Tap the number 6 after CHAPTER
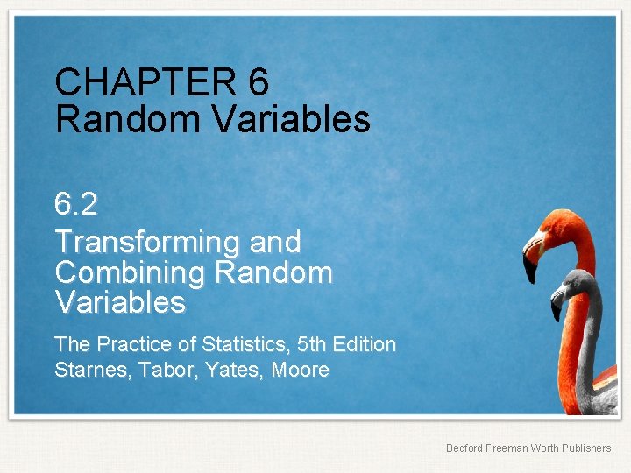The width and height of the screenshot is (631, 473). pos(259,83)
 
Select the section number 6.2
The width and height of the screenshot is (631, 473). pos(76,205)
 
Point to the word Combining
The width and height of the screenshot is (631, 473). pos(128,272)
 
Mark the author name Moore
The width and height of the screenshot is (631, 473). pos(301,371)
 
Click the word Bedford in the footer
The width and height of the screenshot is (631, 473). pos(464,448)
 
